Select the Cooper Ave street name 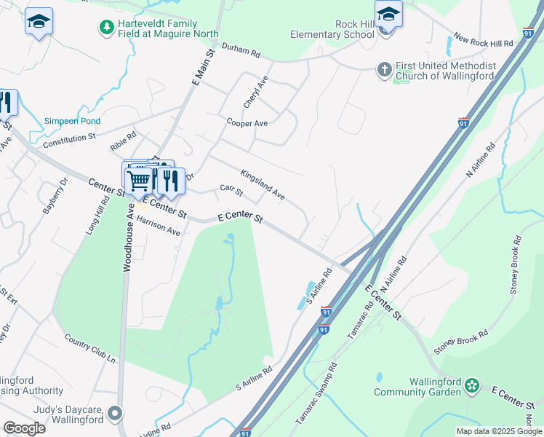click(x=247, y=123)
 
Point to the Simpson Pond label click(x=72, y=121)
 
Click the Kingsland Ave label click(x=262, y=185)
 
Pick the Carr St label click(x=231, y=190)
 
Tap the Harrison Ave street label click(x=158, y=227)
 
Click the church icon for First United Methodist click(x=385, y=70)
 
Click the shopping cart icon click(x=138, y=179)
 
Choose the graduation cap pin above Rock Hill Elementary click(x=388, y=15)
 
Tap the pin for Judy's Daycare click(x=114, y=414)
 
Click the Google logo click(x=24, y=428)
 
